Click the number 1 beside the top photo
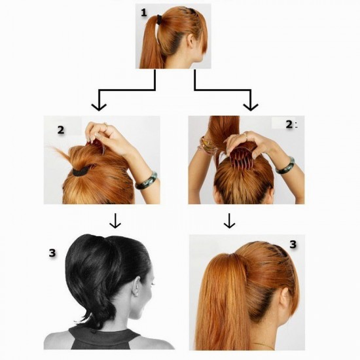pyautogui.click(x=144, y=12)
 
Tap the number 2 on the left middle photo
pyautogui.click(x=61, y=130)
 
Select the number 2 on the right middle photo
pyautogui.click(x=289, y=124)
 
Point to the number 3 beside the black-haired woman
pyautogui.click(x=52, y=253)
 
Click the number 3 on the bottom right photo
pyautogui.click(x=293, y=245)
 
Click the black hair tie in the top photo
pyautogui.click(x=159, y=19)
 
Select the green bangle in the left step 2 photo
pyautogui.click(x=146, y=181)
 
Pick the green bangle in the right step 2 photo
pyautogui.click(x=285, y=166)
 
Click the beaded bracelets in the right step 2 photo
pyautogui.click(x=207, y=146)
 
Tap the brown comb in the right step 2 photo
pyautogui.click(x=242, y=158)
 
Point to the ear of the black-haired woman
pyautogui.click(x=136, y=286)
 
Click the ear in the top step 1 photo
pyautogui.click(x=190, y=41)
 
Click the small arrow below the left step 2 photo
pyautogui.click(x=115, y=221)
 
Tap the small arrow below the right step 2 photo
pyautogui.click(x=229, y=221)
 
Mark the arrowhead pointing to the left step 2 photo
pyautogui.click(x=99, y=107)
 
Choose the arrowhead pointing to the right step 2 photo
pyautogui.click(x=251, y=107)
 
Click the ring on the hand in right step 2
pyautogui.click(x=245, y=135)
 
